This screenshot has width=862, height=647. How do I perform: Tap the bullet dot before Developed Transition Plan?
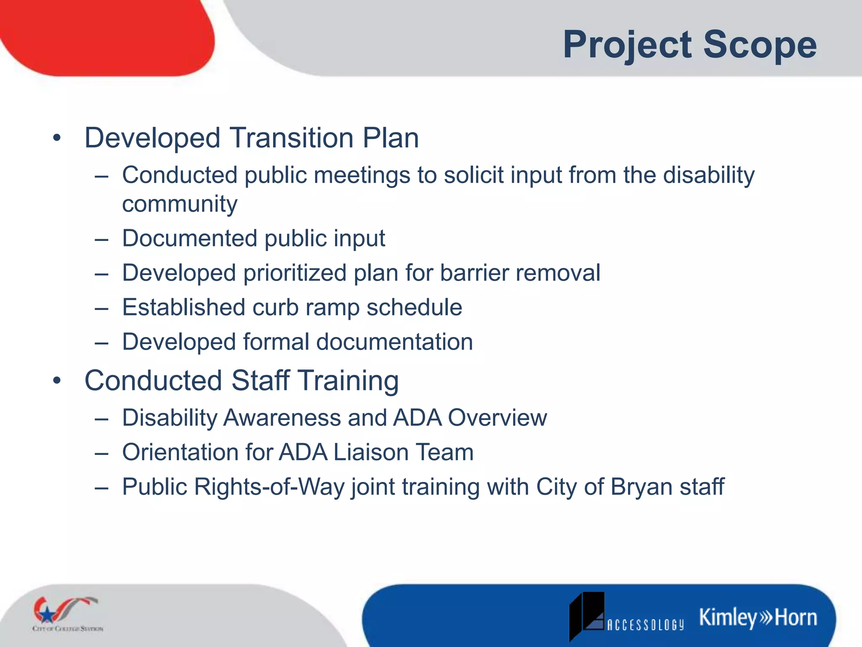click(x=57, y=138)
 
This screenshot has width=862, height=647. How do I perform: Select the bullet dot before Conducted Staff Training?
click(x=57, y=380)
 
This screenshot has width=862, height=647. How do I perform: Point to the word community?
click(x=180, y=204)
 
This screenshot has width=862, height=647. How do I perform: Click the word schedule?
click(x=414, y=307)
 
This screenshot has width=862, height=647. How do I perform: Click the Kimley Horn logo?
click(x=758, y=618)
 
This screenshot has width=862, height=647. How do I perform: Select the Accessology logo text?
click(x=645, y=625)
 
